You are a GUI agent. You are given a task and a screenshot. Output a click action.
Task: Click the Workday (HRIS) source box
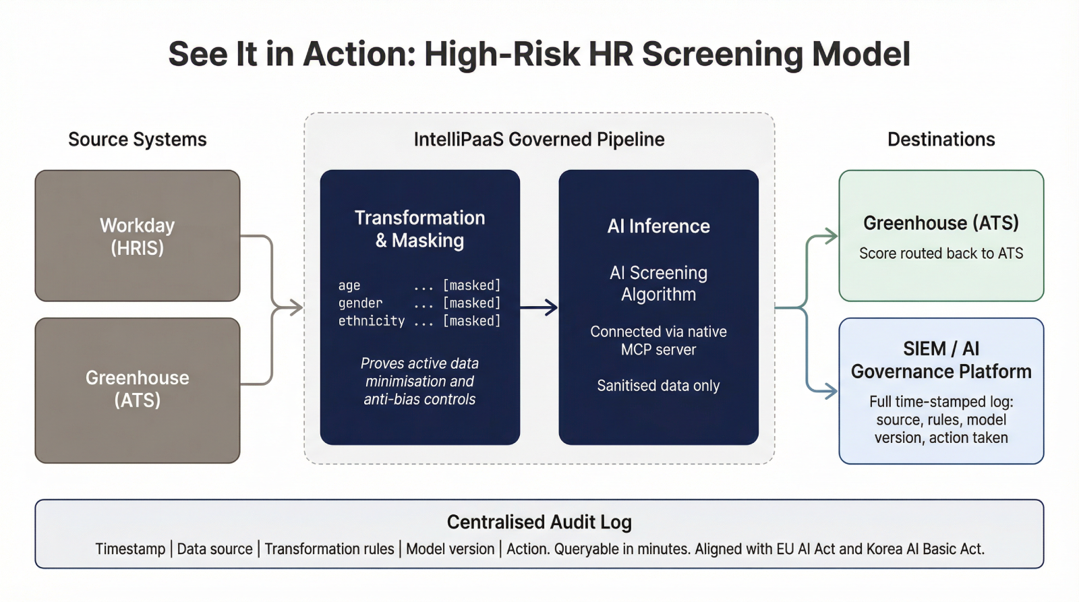pos(138,236)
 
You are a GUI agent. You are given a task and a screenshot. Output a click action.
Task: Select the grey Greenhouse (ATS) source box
pos(138,390)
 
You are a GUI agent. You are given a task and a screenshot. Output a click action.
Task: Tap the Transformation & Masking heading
pos(419,229)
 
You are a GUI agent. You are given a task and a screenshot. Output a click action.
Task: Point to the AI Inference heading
pos(658,226)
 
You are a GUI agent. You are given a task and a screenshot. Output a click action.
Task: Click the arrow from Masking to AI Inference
pos(539,308)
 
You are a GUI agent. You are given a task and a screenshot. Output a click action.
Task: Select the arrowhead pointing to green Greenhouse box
pos(831,236)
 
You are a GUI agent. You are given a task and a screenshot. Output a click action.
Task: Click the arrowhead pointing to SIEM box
pos(831,390)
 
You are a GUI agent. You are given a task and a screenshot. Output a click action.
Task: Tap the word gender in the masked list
pos(360,303)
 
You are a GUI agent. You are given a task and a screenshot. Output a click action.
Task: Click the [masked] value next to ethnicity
pos(471,321)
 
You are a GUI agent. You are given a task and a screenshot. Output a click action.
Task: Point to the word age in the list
pos(349,286)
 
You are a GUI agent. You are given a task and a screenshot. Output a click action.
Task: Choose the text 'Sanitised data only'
pos(658,386)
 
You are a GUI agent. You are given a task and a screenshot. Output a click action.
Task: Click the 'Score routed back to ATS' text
pos(941,253)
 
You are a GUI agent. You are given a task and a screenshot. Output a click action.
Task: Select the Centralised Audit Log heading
pos(539,522)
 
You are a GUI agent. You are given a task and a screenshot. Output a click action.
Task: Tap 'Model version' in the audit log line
pos(450,549)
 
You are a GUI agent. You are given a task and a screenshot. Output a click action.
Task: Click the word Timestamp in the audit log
pos(130,549)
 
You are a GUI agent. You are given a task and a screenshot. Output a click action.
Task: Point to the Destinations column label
pos(941,140)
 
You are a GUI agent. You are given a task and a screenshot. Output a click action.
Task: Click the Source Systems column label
pos(138,140)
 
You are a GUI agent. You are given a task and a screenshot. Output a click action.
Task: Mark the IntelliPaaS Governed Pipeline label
pos(539,140)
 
